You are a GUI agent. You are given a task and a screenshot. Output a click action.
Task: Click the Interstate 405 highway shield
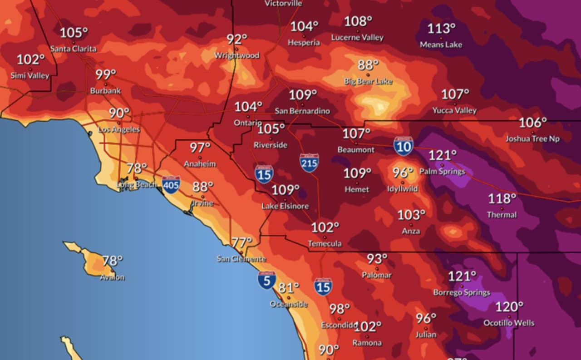coord(171,185)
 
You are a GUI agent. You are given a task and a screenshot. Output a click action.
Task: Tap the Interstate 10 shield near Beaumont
coord(403,146)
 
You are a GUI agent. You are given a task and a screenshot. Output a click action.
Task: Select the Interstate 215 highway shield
coord(309,163)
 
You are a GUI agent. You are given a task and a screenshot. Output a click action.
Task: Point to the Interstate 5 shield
coord(266,280)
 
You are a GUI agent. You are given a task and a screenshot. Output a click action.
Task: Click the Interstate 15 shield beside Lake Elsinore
coord(264,174)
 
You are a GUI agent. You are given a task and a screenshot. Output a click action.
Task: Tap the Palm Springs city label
coord(442,172)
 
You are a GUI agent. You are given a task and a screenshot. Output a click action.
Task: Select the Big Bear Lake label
coord(368,81)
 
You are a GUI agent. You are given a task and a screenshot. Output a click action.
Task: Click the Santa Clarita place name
coord(73,49)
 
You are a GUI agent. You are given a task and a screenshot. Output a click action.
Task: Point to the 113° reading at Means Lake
coord(441,29)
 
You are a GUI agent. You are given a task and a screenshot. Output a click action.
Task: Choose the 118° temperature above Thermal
coord(502,199)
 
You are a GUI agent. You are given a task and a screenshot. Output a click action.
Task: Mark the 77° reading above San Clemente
coord(241,242)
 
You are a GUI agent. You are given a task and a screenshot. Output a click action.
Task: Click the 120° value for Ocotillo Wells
coord(509,307)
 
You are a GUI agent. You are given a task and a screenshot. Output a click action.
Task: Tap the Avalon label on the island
coord(112,277)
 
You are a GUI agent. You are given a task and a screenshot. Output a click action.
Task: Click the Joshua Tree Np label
coord(532,139)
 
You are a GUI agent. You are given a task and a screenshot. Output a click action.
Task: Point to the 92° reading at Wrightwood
coord(237,39)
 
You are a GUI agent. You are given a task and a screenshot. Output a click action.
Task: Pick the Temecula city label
coord(325,244)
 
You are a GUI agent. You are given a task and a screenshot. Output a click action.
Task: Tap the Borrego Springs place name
coord(462,292)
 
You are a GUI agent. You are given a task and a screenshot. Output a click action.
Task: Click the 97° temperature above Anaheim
coord(200,148)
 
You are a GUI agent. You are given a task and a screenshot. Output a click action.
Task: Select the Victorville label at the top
coord(283,3)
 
